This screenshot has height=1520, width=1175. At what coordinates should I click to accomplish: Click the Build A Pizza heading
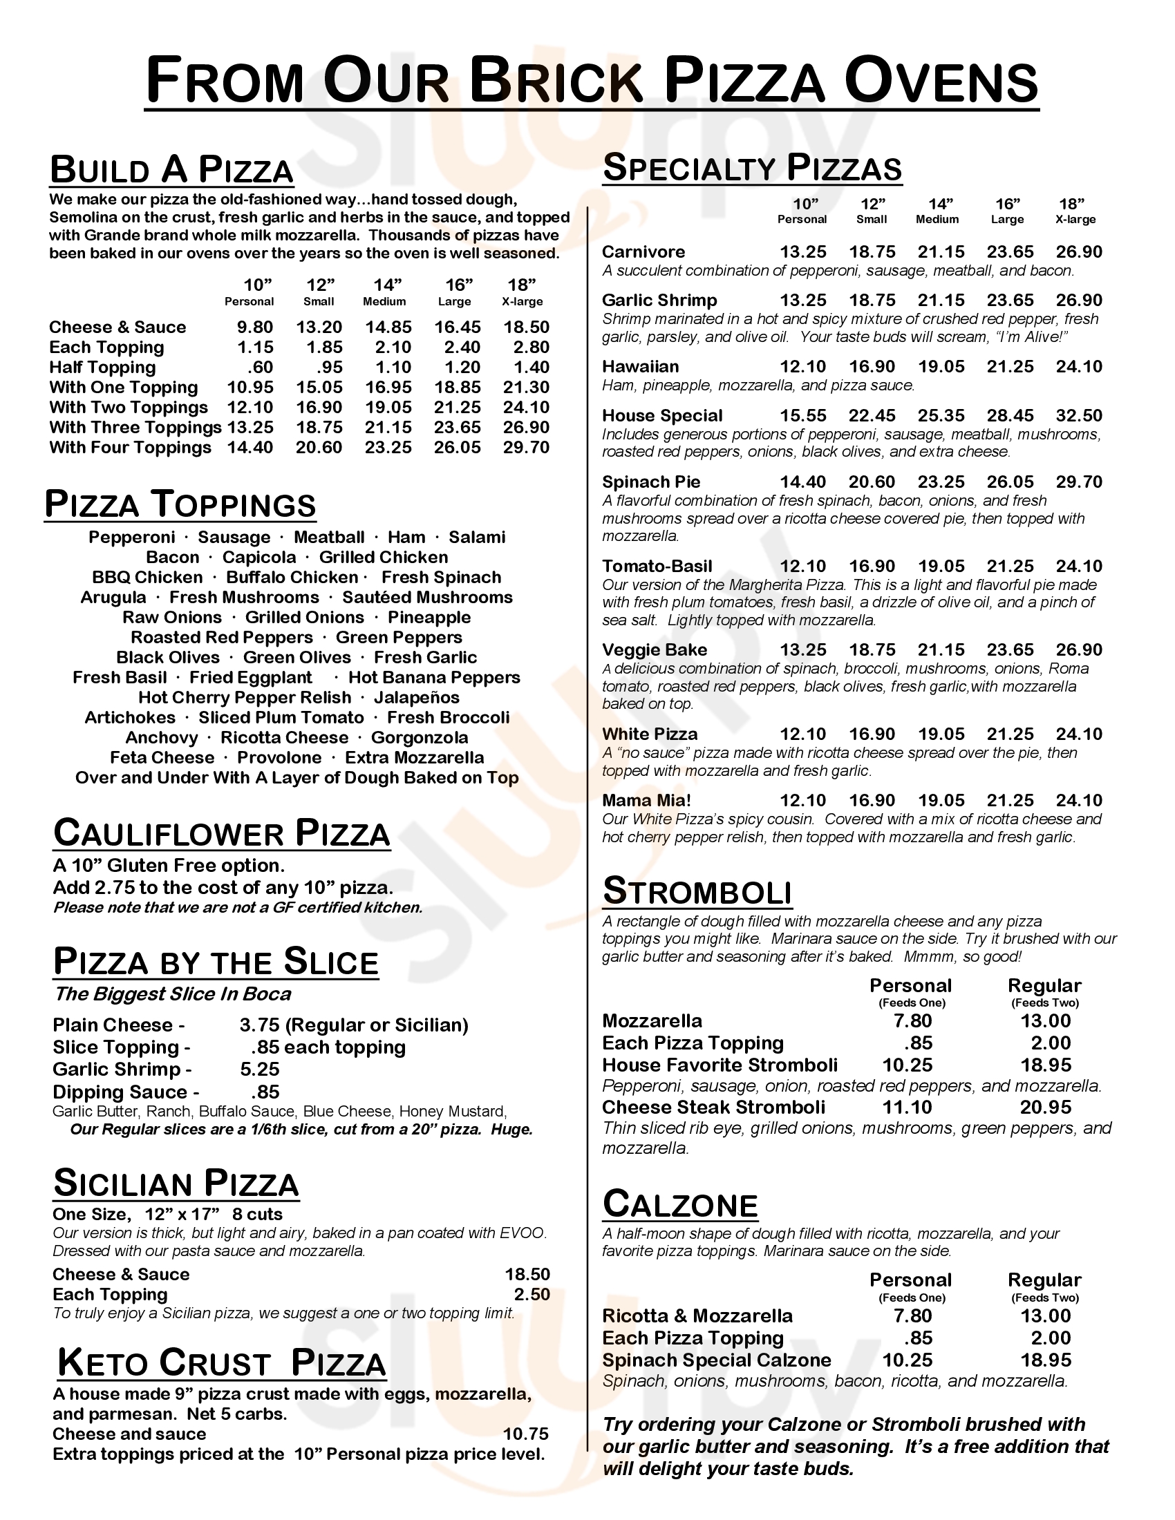[x=171, y=171]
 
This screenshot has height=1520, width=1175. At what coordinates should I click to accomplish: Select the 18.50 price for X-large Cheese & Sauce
[x=526, y=327]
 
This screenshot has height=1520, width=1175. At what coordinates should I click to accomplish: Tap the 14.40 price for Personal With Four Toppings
[x=250, y=448]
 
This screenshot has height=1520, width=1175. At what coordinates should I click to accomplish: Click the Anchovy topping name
[x=162, y=738]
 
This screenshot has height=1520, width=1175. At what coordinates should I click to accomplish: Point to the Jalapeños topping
[x=417, y=697]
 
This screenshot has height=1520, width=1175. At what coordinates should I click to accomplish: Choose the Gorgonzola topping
[x=419, y=738]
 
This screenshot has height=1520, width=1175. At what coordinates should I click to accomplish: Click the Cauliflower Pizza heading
[x=221, y=834]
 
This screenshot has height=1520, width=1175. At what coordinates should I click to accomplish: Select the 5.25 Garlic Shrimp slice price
[x=259, y=1070]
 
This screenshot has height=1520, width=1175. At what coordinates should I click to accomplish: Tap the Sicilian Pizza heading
[x=176, y=1184]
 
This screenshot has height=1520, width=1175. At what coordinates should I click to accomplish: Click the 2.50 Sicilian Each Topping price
[x=532, y=1295]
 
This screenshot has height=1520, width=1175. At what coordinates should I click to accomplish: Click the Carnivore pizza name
[x=643, y=252]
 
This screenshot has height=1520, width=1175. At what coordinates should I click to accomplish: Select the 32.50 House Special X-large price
[x=1079, y=416]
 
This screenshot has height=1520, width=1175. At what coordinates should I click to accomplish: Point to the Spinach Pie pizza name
[x=651, y=482]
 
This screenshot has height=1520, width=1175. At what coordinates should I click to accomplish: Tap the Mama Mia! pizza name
[x=646, y=801]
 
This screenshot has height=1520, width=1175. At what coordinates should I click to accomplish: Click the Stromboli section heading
[x=697, y=892]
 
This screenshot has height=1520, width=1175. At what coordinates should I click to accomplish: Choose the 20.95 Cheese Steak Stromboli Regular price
[x=1046, y=1108]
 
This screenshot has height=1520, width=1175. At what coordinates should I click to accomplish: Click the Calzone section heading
[x=679, y=1205]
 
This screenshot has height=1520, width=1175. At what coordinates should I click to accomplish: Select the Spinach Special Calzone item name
[x=716, y=1360]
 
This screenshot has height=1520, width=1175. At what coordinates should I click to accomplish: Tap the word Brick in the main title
[x=555, y=82]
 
